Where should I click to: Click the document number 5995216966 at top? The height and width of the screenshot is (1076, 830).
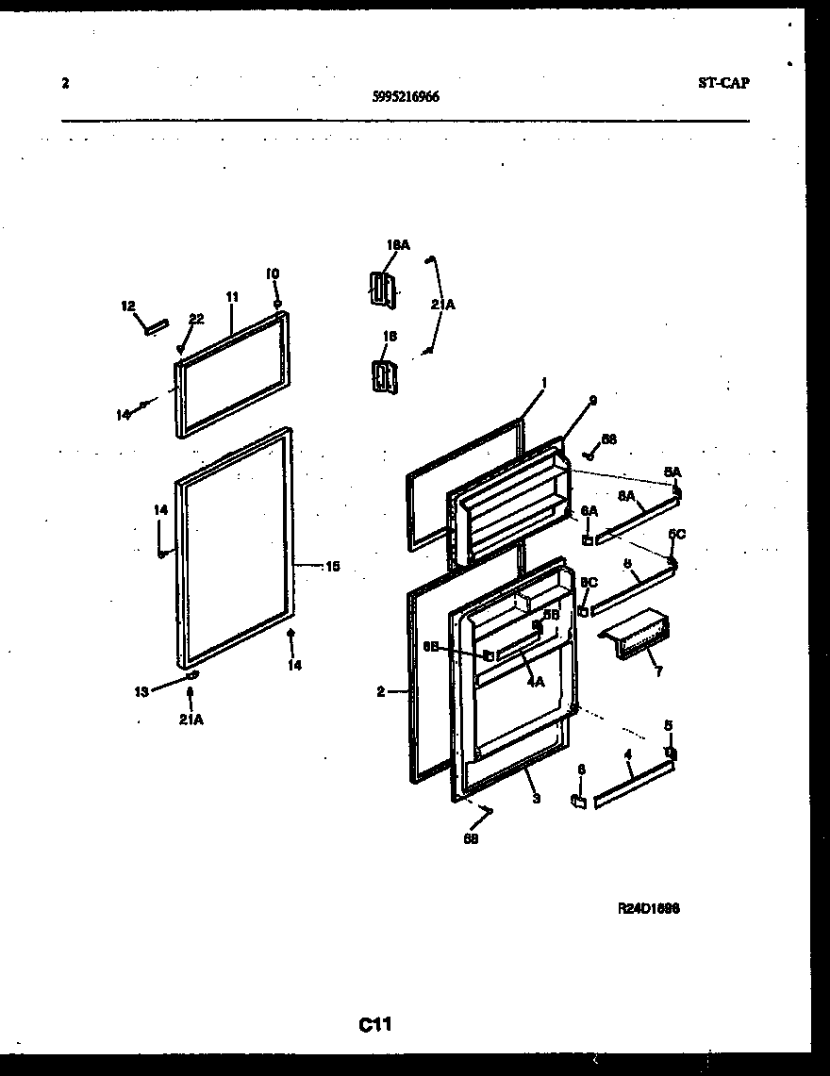405,96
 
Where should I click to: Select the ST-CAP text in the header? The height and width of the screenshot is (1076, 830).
723,83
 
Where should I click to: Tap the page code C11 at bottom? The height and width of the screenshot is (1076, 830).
374,1024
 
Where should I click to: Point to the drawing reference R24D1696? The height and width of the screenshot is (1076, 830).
649,909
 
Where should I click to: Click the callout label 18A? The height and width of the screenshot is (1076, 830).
398,245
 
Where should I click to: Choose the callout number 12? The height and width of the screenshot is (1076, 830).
128,306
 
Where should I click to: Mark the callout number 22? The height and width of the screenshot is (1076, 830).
195,319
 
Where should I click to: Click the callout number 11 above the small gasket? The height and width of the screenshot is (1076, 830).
232,296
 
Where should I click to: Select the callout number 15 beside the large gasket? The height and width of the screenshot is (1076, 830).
332,567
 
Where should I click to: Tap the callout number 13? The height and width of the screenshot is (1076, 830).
141,690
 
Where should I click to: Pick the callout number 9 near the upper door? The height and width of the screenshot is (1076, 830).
592,400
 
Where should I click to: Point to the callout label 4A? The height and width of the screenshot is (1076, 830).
535,682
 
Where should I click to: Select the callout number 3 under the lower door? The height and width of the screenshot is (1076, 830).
536,799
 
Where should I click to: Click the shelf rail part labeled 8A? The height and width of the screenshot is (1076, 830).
636,521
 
